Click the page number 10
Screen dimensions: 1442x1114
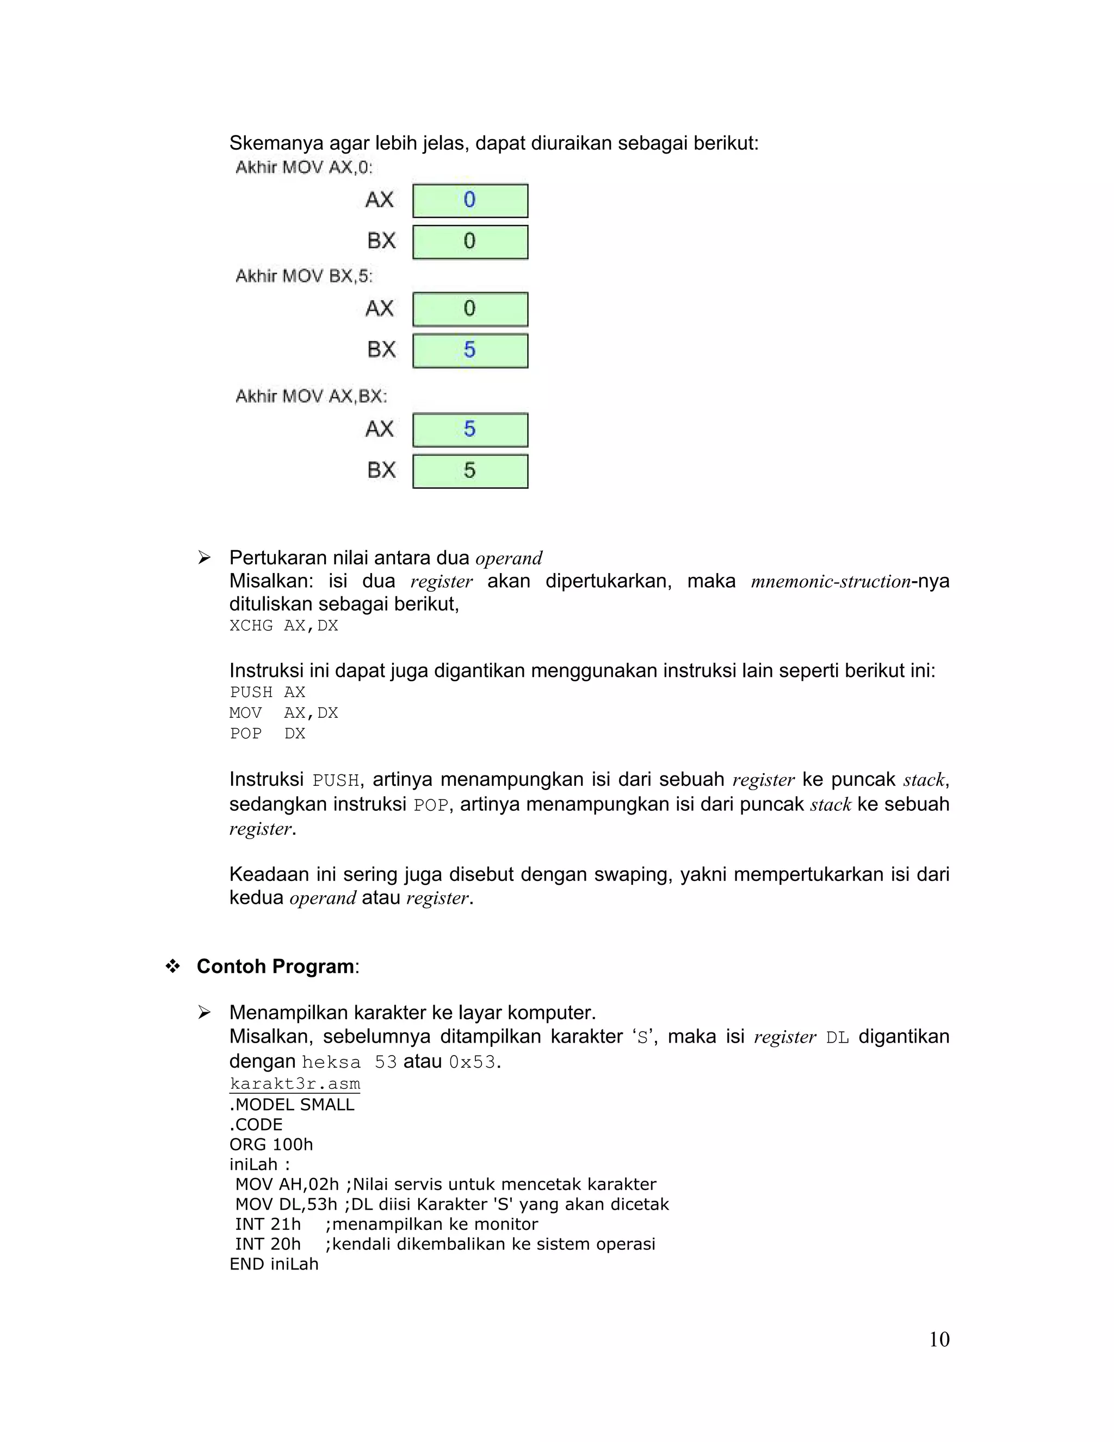click(x=938, y=1339)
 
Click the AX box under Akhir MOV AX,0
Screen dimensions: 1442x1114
click(x=470, y=201)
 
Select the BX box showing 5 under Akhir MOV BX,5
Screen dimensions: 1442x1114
click(x=470, y=350)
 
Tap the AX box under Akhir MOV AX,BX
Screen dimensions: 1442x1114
click(x=470, y=430)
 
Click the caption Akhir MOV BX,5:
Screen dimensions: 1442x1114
click(x=304, y=276)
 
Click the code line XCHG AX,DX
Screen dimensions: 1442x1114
click(x=284, y=625)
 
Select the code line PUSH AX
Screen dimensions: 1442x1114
click(x=267, y=692)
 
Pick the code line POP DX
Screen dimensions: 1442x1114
click(x=267, y=734)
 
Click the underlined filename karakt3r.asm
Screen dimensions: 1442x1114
click(x=295, y=1083)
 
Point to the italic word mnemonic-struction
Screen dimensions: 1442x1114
click(x=830, y=582)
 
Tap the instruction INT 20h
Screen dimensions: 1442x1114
click(x=268, y=1244)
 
